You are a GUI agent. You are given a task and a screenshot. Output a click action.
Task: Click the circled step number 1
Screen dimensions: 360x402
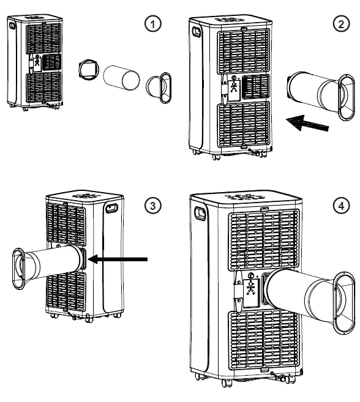pos(152,24)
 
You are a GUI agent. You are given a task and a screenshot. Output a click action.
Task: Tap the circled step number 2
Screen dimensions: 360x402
pos(341,24)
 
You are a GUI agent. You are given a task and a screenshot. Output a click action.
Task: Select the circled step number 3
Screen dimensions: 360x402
pos(152,206)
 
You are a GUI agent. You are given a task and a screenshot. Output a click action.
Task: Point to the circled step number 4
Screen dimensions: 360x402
pos(341,206)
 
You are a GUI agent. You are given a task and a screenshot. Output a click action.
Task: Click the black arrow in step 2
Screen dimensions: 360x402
pos(307,123)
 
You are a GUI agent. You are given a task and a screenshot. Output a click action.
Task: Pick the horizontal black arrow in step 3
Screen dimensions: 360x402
pos(118,259)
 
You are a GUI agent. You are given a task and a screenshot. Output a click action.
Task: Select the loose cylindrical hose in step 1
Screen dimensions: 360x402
pos(121,78)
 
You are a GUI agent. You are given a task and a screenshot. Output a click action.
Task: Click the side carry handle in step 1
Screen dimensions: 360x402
pos(12,25)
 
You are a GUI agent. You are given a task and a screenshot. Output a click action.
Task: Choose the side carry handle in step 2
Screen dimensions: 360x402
pos(197,32)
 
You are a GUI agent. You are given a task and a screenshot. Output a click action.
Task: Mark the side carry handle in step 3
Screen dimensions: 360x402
pos(111,208)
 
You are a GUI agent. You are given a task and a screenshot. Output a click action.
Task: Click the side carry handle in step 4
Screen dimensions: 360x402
pos(200,214)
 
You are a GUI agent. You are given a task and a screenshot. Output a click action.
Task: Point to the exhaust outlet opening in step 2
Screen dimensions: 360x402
pos(255,87)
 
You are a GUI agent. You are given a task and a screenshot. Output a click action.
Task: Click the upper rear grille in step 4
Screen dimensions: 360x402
pos(264,240)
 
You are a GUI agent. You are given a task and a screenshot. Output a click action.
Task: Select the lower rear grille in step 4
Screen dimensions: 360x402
pos(263,340)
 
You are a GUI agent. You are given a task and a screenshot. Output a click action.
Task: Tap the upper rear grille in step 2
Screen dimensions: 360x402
pos(244,51)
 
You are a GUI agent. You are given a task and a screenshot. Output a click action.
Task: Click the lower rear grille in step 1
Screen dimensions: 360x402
pos(44,87)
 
